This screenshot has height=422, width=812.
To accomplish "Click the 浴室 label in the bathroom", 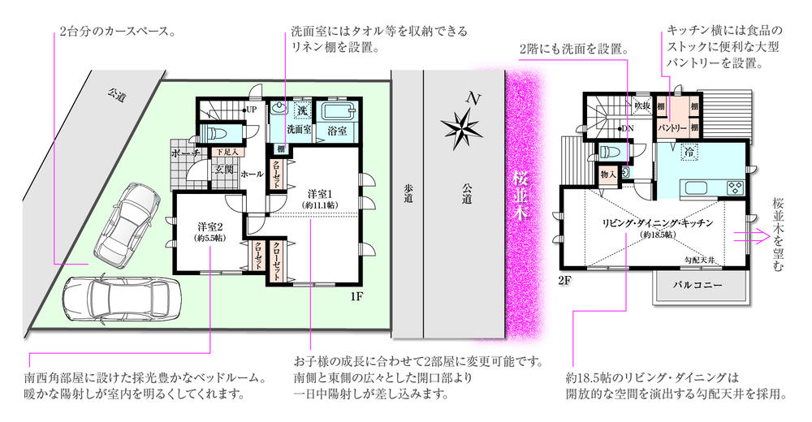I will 337,130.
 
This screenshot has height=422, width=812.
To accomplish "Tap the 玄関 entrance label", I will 223,170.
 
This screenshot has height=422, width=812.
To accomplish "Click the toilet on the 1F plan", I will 217,133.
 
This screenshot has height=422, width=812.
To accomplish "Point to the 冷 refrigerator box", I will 689,152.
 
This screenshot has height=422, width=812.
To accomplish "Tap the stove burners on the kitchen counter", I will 733,187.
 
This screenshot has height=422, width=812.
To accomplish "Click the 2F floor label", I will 565,280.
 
